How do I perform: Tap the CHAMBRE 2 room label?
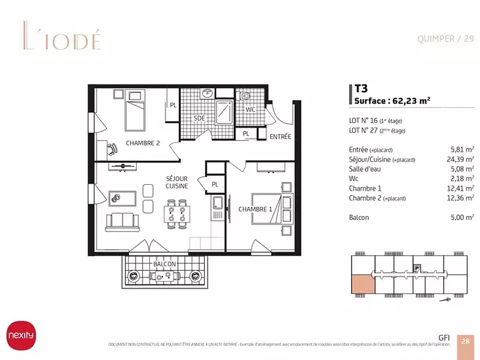point(142,143)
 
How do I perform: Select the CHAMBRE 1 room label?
point(256,209)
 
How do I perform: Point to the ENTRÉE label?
point(280,137)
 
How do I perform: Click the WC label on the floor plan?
point(250,110)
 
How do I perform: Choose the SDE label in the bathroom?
point(199,118)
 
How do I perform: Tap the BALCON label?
point(164,264)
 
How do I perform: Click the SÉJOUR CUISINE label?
point(177,182)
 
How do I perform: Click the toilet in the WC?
point(244,98)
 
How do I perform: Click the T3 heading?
point(361,88)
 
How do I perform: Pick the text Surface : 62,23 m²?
point(392,101)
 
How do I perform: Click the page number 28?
point(466,341)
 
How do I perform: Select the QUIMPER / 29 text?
point(445,39)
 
